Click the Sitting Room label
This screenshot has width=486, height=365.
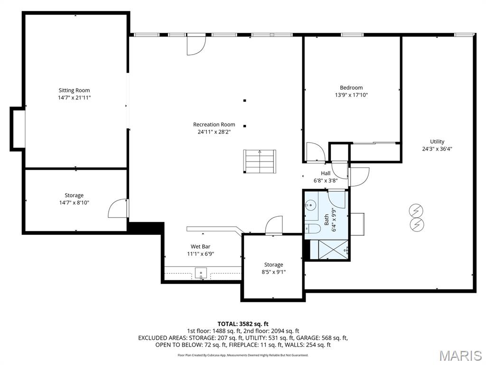click(74, 90)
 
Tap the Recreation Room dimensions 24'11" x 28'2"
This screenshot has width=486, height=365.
click(214, 132)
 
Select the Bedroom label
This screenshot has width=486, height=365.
click(351, 87)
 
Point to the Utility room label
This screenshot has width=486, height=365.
click(437, 142)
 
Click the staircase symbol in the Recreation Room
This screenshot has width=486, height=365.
click(260, 161)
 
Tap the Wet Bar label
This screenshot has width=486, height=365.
click(200, 247)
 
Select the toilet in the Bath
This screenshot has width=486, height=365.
click(311, 229)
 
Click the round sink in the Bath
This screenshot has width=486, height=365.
click(310, 205)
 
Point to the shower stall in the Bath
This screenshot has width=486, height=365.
click(333, 250)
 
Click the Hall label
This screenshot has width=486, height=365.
click(326, 173)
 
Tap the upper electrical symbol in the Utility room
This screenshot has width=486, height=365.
click(416, 211)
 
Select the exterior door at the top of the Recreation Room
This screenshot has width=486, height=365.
click(195, 45)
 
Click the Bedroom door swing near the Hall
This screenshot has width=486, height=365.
click(315, 152)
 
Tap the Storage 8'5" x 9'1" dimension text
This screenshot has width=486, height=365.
click(273, 272)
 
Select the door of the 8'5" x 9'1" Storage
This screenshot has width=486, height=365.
click(274, 225)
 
